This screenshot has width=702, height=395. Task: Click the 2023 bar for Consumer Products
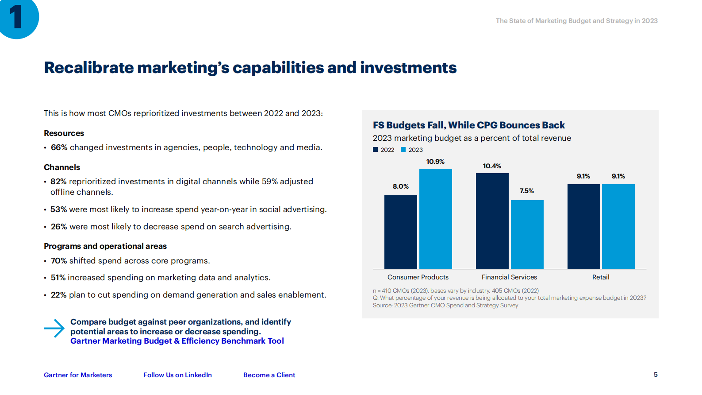click(x=435, y=219)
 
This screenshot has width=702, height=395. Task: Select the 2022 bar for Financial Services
click(x=492, y=221)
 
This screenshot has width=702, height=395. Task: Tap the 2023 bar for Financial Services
click(x=527, y=234)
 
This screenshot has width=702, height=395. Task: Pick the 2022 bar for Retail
click(x=583, y=226)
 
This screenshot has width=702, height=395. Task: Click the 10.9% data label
click(x=435, y=162)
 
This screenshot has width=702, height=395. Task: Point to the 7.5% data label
click(x=526, y=191)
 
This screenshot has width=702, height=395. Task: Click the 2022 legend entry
click(x=384, y=150)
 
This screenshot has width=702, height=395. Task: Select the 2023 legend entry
click(x=412, y=150)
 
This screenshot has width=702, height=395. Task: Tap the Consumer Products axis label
click(x=418, y=277)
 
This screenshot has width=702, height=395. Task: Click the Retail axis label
click(x=600, y=277)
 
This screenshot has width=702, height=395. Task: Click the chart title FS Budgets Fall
click(x=468, y=125)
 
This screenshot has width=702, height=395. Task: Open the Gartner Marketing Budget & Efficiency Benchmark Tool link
click(x=177, y=341)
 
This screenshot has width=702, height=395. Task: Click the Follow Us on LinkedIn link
click(x=177, y=375)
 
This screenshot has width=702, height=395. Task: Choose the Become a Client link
click(x=269, y=375)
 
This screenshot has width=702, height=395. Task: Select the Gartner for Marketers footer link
click(x=78, y=375)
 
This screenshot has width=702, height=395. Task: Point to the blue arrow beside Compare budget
click(x=54, y=328)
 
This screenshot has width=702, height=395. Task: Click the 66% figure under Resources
click(x=59, y=147)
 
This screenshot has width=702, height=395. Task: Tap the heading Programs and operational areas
click(x=105, y=246)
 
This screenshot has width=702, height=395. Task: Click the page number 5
click(x=656, y=375)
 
